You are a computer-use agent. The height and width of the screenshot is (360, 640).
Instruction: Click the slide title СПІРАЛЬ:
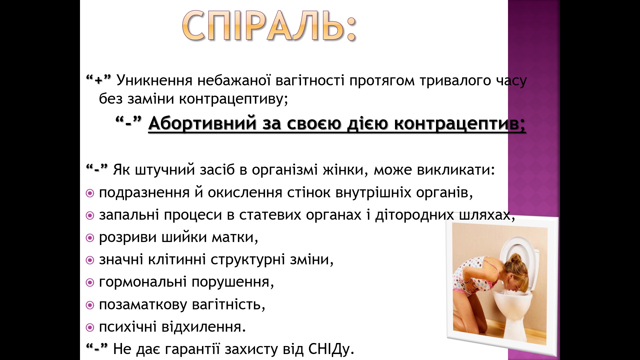(269, 26)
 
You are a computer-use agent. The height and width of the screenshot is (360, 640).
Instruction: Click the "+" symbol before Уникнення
(98, 81)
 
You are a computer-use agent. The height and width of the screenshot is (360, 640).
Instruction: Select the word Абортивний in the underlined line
(202, 123)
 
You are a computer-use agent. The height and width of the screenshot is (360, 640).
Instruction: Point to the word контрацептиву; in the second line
(234, 99)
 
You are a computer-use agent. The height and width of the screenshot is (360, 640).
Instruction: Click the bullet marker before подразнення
(90, 193)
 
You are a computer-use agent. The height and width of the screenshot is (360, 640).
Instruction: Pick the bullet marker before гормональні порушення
(90, 283)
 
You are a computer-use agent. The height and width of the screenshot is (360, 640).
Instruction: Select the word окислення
(245, 193)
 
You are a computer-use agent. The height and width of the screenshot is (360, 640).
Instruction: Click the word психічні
(128, 327)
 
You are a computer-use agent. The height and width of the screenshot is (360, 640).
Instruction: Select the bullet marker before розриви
(90, 238)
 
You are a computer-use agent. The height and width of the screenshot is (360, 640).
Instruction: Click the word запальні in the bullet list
(129, 215)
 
